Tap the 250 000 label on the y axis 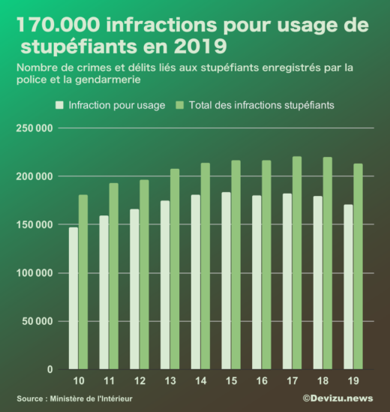tap(34, 128)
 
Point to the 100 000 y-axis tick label tap(34, 273)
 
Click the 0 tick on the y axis tap(49, 370)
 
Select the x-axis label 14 tap(200, 380)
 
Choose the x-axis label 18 tap(322, 380)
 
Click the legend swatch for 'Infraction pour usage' tap(60, 105)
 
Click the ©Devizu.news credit tap(337, 398)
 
